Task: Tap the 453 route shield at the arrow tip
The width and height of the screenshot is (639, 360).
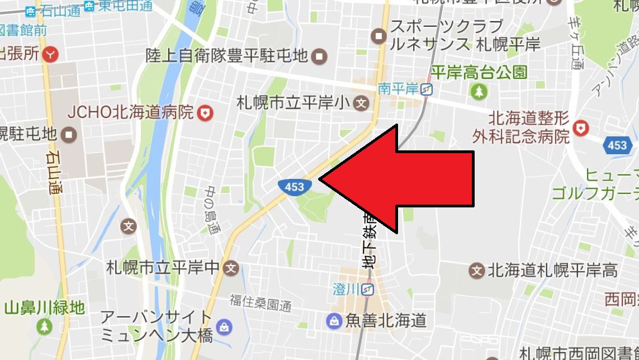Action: pos(294,186)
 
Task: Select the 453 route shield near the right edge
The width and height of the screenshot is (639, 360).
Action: pos(617,145)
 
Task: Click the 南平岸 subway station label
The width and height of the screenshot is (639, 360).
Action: pos(398,89)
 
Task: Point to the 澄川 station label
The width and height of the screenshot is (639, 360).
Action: pos(345,289)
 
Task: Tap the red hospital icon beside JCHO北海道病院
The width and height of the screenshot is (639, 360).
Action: pos(206,113)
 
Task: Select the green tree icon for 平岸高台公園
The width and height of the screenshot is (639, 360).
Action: pos(479,91)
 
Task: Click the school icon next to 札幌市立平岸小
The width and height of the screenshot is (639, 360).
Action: pos(362,103)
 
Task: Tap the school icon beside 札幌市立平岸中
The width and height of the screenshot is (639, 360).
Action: pos(231,268)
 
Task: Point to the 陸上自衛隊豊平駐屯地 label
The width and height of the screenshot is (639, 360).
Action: pos(227,55)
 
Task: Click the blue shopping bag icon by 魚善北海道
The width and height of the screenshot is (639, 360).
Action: pos(334,321)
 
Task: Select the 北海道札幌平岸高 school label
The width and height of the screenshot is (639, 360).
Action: pos(553,271)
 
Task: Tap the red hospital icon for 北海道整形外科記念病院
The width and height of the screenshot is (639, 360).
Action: pos(582,128)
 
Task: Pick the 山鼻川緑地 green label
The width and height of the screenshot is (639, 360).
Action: pos(44,307)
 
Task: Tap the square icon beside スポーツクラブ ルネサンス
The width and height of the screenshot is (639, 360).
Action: pos(379,37)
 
